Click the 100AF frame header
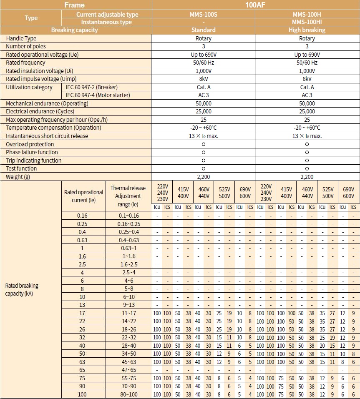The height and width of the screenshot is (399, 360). pos(256,5)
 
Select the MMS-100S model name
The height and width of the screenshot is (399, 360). pos(203,15)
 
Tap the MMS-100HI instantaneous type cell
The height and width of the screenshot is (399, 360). pos(307,22)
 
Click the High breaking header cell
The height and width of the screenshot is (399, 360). pos(307,30)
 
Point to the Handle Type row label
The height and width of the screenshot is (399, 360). pos(21,38)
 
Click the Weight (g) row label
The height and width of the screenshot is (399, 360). pos(18,177)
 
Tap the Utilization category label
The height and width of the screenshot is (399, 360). pos(29,87)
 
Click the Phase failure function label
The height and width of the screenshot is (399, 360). pos(32,152)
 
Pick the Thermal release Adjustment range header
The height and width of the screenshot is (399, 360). pos(128,196)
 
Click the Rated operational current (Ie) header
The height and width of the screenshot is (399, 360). pos(83,196)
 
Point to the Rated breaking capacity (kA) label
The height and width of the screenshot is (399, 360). pos(22,289)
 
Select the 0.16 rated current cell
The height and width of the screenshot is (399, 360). pos(82,216)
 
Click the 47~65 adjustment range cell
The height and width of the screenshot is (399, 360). pos(128,370)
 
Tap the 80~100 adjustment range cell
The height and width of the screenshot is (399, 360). pos(128,394)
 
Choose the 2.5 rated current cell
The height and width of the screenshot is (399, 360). pos(82,264)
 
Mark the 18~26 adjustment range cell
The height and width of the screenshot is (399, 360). pos(128,329)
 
